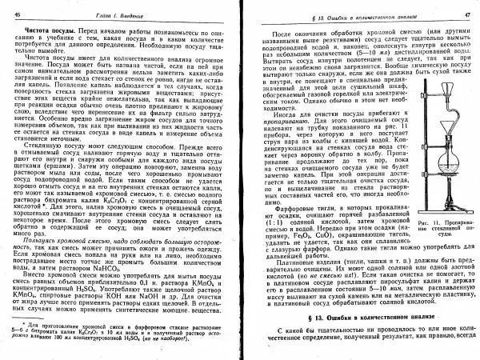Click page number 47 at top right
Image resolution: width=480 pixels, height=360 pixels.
coord(465,15)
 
